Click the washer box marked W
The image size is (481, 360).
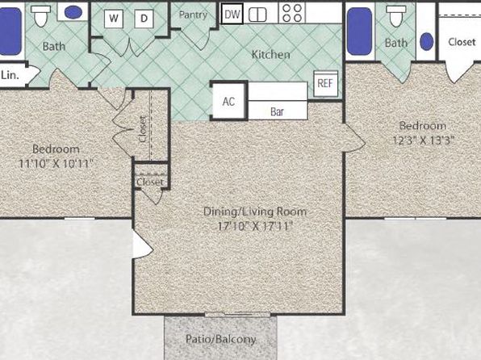[x=114, y=19]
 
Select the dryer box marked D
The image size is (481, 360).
[x=144, y=19]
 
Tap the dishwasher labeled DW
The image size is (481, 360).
[x=232, y=14]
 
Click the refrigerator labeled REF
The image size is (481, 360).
[x=325, y=83]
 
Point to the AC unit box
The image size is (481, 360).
[x=228, y=101]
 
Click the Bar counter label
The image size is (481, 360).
[x=277, y=111]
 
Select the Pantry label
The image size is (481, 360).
[x=193, y=15]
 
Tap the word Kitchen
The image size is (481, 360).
[x=271, y=55]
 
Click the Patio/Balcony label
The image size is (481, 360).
[x=221, y=339]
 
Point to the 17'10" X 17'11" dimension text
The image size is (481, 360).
[x=255, y=226]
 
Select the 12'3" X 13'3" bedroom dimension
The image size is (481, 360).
[x=423, y=140]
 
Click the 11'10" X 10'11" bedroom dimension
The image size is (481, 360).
[x=56, y=163]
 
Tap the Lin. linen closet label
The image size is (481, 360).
[x=10, y=75]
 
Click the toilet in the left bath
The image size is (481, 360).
[x=41, y=16]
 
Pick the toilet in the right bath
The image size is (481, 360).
[x=396, y=16]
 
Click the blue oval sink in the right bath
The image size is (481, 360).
[x=426, y=41]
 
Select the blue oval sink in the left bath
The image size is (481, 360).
[x=73, y=12]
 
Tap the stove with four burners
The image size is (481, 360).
[x=291, y=13]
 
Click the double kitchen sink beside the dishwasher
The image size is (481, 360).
[x=257, y=15]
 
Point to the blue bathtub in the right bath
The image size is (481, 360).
[x=359, y=31]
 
